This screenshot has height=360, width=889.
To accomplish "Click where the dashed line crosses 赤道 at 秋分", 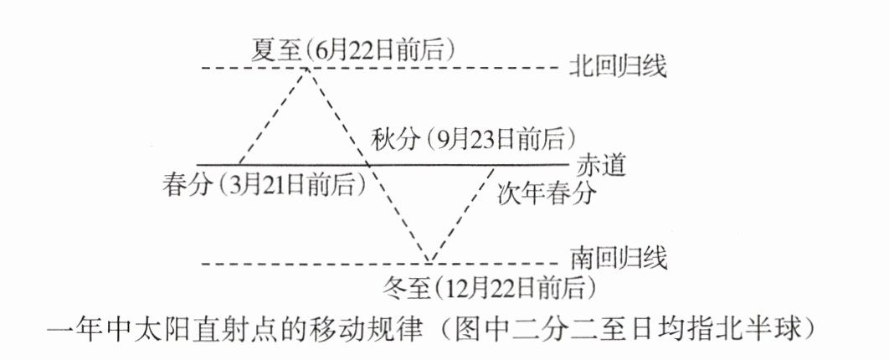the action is (x=368, y=164).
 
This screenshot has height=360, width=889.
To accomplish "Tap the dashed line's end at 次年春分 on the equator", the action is (x=491, y=164).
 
